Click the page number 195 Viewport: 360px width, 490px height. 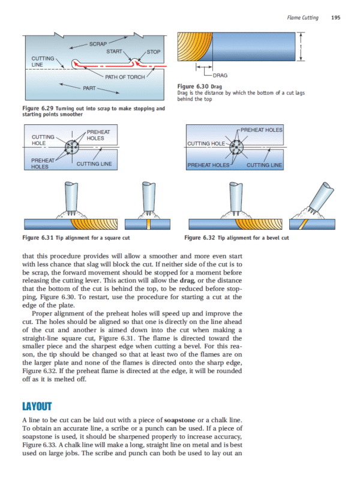(x=335, y=18)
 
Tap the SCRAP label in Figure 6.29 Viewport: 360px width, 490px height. (x=98, y=44)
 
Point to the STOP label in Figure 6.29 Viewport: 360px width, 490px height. (x=154, y=52)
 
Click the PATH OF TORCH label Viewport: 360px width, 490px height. (x=125, y=77)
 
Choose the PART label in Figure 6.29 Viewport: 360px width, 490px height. (x=90, y=88)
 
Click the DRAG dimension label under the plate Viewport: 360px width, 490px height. (x=220, y=76)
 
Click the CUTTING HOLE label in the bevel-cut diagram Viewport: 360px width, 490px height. (x=207, y=144)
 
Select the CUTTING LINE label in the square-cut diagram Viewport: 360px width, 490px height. (x=94, y=164)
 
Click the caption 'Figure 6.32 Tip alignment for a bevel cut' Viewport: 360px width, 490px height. (x=237, y=238)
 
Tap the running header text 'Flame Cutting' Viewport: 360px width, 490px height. (x=302, y=18)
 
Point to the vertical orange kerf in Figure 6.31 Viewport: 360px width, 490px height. (x=147, y=225)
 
